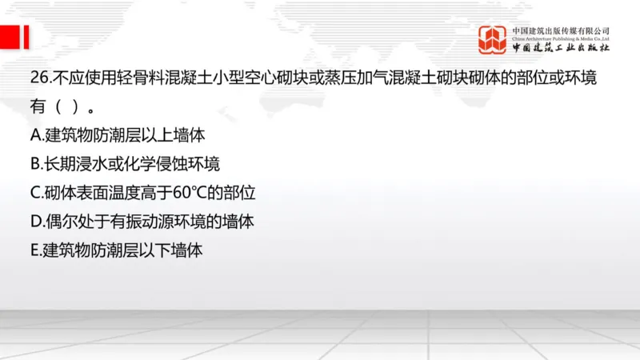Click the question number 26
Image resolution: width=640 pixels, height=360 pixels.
tap(39, 78)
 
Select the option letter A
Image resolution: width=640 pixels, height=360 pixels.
tap(36, 135)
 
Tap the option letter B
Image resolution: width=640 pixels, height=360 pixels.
tap(36, 164)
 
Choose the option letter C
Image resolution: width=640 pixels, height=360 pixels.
tap(36, 193)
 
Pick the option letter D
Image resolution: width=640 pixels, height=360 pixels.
tap(36, 222)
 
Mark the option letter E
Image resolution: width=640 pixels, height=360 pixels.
tap(35, 250)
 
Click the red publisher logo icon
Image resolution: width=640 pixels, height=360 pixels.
tap(493, 39)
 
